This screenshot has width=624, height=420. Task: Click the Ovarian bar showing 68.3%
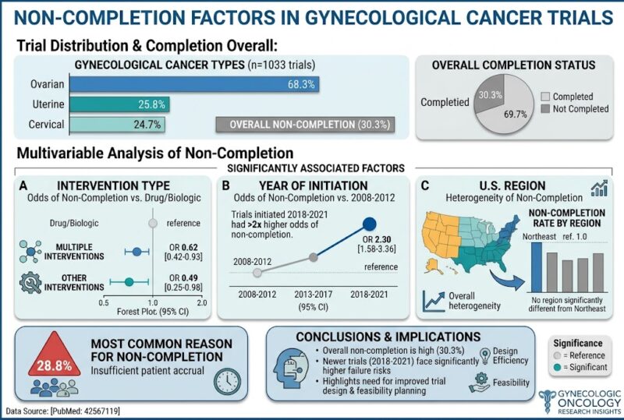pyautogui.click(x=194, y=84)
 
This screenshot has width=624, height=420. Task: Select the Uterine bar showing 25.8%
pyautogui.click(x=119, y=104)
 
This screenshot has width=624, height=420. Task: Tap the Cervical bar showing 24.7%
pyautogui.click(x=117, y=125)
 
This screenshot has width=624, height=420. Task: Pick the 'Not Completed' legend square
pyautogui.click(x=545, y=108)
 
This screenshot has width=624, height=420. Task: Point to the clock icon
pyautogui.click(x=227, y=381)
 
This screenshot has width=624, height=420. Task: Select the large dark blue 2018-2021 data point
pyautogui.click(x=369, y=224)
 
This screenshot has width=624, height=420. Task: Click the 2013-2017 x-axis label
pyautogui.click(x=314, y=295)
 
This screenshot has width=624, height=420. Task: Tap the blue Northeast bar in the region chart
pyautogui.click(x=537, y=268)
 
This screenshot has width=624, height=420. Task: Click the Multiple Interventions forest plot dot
pyautogui.click(x=137, y=252)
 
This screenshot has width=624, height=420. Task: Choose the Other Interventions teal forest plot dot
pyautogui.click(x=129, y=282)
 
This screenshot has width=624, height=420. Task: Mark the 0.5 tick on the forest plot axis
pyautogui.click(x=104, y=302)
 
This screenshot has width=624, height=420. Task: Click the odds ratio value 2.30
pyautogui.click(x=383, y=239)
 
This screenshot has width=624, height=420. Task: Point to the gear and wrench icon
pyautogui.click(x=30, y=283)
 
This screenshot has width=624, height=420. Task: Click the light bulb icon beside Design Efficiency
pyautogui.click(x=485, y=356)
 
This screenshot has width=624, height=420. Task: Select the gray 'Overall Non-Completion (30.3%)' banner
pyautogui.click(x=305, y=125)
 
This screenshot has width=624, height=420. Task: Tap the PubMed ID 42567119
pyautogui.click(x=101, y=411)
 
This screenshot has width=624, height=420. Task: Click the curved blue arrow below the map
pyautogui.click(x=505, y=281)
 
